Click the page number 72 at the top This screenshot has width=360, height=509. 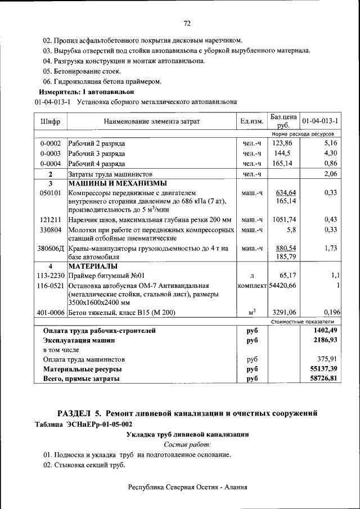[187, 23]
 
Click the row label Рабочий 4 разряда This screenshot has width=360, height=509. [96, 164]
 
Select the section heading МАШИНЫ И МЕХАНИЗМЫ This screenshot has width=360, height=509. [117, 183]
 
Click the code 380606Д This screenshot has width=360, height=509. [51, 247]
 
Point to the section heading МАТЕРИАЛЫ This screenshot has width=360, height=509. [93, 266]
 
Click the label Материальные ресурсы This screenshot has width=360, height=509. [83, 369]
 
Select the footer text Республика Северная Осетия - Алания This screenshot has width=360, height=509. [187, 487]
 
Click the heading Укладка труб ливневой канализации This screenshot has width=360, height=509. [187, 435]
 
